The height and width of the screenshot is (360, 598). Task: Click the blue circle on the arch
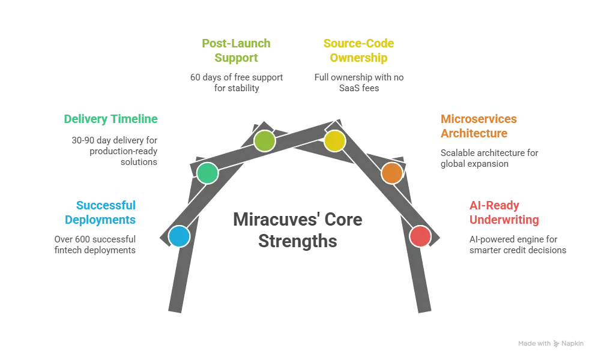(179, 236)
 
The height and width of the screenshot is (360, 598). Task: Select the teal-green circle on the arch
(207, 173)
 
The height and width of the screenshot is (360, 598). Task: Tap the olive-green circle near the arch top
(264, 141)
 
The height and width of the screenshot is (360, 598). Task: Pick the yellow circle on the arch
(334, 141)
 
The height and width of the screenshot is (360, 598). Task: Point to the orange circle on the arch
(391, 173)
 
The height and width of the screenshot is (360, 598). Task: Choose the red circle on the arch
(420, 236)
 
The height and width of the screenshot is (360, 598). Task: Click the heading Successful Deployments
(101, 212)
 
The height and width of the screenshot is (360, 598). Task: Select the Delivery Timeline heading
(110, 119)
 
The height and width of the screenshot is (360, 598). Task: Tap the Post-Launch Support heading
(237, 51)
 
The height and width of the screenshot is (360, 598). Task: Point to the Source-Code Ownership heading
(360, 51)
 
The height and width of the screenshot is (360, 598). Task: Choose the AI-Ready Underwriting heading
(503, 212)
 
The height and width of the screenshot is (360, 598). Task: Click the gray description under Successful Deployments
(96, 244)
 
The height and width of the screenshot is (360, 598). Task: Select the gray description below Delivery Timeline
(112, 149)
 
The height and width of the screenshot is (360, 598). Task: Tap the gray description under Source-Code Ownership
(360, 82)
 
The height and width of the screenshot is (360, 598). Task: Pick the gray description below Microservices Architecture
(490, 158)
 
